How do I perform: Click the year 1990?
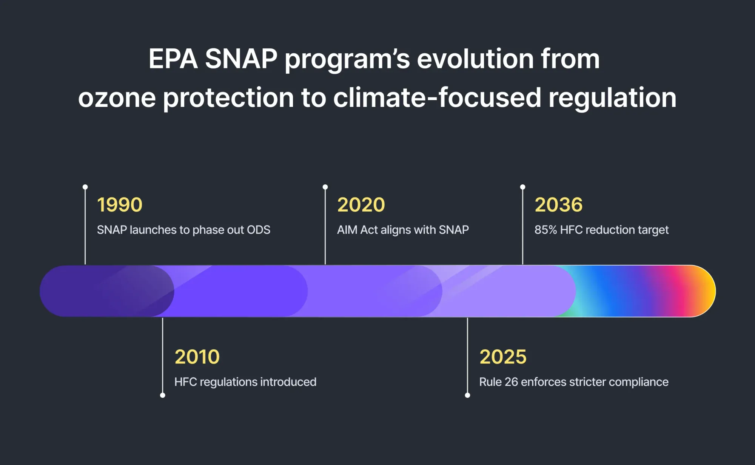click(x=120, y=205)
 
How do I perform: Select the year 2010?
click(x=197, y=357)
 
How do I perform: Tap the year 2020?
click(x=361, y=205)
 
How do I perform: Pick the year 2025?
click(x=503, y=357)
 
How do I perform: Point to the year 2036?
click(x=558, y=205)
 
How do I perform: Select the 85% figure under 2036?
click(x=545, y=230)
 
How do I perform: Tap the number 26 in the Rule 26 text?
click(x=511, y=382)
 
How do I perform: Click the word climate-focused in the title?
click(x=437, y=97)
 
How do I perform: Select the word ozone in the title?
click(x=117, y=97)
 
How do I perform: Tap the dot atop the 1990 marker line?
click(x=85, y=187)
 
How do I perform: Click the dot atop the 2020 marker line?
click(x=325, y=187)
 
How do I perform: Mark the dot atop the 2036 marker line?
click(x=522, y=187)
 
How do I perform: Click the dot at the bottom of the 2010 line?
click(x=163, y=395)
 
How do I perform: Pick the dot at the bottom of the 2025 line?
click(x=467, y=395)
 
